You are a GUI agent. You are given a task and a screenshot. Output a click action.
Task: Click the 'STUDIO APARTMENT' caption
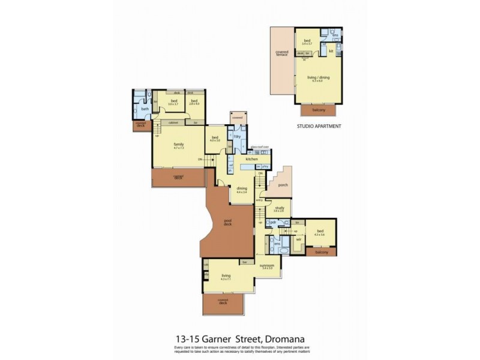[319, 127]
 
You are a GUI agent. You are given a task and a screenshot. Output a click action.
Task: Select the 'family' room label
[178, 145]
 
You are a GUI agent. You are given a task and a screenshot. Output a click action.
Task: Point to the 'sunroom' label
[267, 265]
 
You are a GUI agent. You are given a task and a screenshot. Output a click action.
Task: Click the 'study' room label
[279, 208]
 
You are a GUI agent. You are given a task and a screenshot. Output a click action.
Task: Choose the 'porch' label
[284, 185]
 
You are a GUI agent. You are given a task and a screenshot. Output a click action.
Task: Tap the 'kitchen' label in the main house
[251, 159]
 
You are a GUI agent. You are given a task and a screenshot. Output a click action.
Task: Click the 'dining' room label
[242, 188]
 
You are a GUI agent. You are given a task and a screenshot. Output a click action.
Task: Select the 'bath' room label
[145, 109]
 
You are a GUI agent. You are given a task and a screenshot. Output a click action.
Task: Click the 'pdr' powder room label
[273, 222]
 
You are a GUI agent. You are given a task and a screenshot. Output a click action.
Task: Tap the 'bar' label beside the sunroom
[244, 262]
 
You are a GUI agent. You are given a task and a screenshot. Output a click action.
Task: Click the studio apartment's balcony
[319, 110]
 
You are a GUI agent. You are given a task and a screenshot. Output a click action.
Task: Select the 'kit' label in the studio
[331, 52]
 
